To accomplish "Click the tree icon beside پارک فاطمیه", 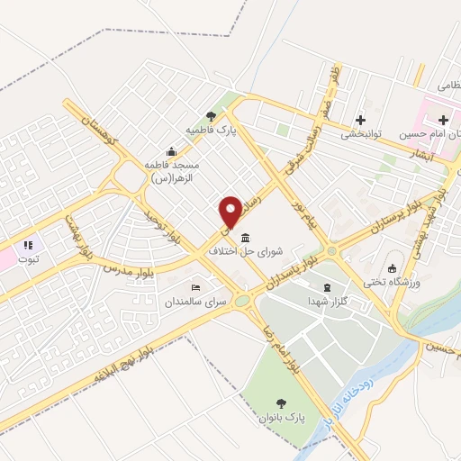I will click(211, 115).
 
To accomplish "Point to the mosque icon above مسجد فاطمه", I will click(171, 151).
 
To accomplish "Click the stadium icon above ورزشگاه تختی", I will click(391, 267).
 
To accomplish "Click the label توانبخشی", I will click(362, 134).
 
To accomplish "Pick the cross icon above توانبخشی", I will click(361, 119).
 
